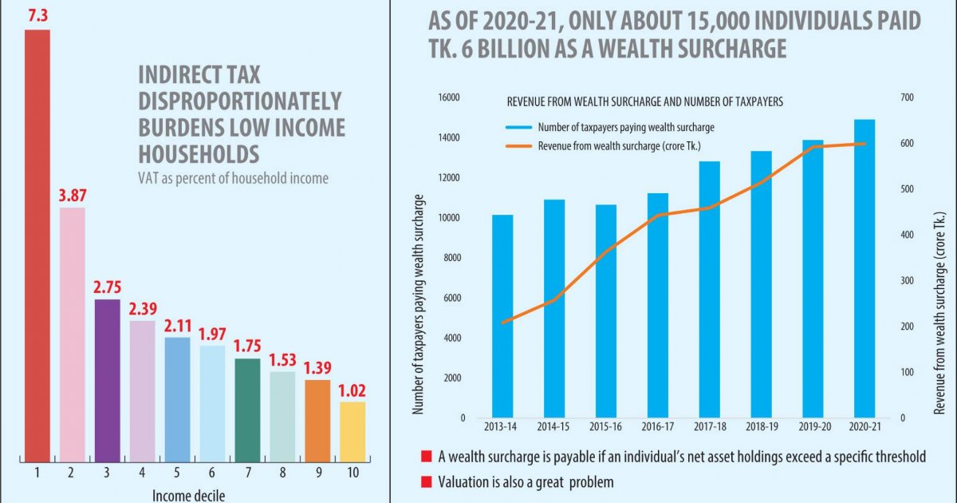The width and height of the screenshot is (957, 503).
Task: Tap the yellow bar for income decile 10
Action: [x=352, y=431]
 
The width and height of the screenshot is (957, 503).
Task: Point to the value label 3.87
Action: [x=72, y=195]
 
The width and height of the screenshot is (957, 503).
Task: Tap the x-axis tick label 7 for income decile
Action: [x=246, y=473]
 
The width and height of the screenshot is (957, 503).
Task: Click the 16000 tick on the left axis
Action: [x=450, y=97]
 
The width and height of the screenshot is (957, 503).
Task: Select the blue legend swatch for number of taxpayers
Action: [x=517, y=127]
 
